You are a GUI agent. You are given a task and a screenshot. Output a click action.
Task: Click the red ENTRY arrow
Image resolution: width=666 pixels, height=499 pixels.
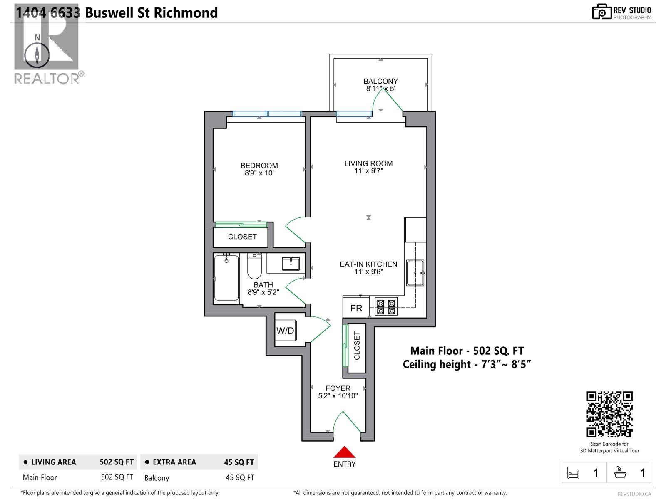(344, 452)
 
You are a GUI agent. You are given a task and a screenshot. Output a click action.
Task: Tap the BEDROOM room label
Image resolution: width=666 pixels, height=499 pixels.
(259, 166)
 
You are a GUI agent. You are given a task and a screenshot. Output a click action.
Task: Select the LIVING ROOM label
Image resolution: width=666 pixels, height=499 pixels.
(368, 163)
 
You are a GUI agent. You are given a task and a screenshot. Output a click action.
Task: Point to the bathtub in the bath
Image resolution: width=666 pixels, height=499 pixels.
(226, 277)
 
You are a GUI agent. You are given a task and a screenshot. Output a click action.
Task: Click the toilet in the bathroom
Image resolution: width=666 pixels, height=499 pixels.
(254, 267)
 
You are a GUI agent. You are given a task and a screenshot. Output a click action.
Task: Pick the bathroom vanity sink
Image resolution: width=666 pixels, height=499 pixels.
(291, 264)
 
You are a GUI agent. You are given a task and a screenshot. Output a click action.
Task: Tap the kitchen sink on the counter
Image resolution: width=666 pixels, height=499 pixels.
(415, 273)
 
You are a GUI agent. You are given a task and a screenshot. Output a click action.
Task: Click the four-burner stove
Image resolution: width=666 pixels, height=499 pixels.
(386, 307)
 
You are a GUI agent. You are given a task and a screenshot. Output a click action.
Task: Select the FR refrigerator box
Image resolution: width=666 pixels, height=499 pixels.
(356, 308)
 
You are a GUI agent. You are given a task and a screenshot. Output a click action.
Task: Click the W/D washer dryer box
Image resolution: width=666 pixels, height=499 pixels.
(286, 331)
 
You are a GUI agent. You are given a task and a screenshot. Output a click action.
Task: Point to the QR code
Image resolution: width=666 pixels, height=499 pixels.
(609, 414)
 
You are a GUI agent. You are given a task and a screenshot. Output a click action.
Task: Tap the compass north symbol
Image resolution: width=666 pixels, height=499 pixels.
(37, 54)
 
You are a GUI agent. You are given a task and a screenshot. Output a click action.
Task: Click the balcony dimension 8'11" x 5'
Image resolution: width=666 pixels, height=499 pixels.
(380, 89)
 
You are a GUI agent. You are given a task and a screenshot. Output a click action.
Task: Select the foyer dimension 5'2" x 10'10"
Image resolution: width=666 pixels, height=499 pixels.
(338, 396)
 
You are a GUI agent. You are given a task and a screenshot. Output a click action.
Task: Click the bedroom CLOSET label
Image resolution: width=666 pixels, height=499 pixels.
(242, 237)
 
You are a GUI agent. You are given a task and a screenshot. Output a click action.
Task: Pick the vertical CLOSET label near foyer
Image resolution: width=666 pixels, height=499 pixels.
(357, 346)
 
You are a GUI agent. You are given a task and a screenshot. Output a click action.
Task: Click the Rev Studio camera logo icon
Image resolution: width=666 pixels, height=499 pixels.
(601, 12)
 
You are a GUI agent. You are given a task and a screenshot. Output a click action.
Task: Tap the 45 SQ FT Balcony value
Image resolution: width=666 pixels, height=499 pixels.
(239, 478)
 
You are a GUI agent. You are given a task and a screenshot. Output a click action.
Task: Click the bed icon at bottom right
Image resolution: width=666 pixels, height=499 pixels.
(573, 473)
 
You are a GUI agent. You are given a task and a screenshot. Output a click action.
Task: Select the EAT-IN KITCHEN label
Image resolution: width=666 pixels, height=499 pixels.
(368, 264)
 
